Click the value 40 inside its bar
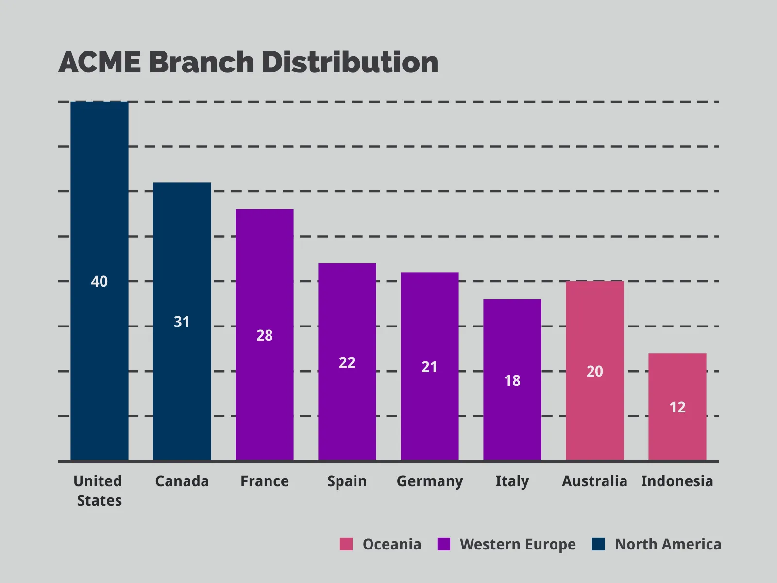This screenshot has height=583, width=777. [x=100, y=281]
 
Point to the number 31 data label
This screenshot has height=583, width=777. [x=182, y=322]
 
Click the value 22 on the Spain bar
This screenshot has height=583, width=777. [x=347, y=362]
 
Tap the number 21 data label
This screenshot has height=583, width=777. [x=429, y=367]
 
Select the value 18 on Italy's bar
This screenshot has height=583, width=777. [x=512, y=380]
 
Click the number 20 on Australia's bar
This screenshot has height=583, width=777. [x=595, y=371]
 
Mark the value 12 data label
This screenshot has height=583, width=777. [x=677, y=407]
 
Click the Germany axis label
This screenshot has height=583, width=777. [x=430, y=481]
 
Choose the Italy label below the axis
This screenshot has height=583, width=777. [x=512, y=481]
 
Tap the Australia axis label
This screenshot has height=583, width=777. [x=594, y=481]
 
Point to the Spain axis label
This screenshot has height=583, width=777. [x=347, y=481]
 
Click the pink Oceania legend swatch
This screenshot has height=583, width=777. [x=346, y=544]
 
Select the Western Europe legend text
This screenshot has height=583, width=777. [x=518, y=544]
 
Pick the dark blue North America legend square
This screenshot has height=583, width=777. [x=598, y=544]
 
